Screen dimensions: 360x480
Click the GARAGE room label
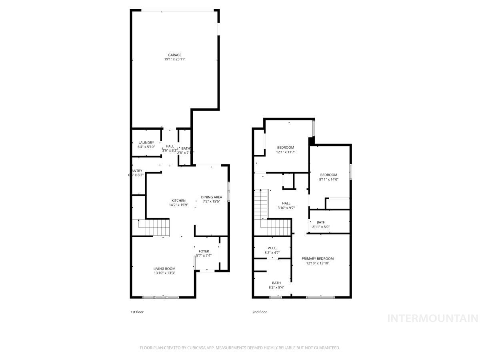pos(174,55)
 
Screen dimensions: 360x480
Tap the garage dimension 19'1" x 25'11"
pos(174,59)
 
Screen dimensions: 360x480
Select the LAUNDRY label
pos(146,142)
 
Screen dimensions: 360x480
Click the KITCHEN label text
pos(178,200)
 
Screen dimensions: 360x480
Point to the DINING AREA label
pos(211,197)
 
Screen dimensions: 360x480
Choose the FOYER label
pos(204,251)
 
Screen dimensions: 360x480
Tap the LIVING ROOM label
pos(164,268)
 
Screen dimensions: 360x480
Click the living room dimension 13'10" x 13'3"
pos(164,273)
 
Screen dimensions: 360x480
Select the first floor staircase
pos(154,228)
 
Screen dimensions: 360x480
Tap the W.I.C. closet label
pos(272,248)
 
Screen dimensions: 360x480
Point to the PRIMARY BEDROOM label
pos(317,258)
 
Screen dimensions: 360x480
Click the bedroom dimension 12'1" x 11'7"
pos(286,152)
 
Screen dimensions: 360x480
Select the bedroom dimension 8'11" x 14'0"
pos(328,179)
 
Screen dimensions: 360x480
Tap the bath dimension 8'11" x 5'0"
pos(321,227)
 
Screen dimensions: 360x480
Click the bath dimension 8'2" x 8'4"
pos(276,287)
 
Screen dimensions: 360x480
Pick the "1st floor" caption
pos(137,312)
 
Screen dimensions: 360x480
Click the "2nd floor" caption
pos(259,312)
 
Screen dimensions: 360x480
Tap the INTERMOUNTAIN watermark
pos(433,318)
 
